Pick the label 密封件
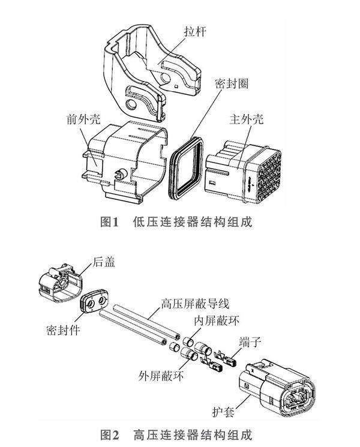coord(62,331)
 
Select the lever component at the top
coord(150,66)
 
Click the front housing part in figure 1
coord(123,159)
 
